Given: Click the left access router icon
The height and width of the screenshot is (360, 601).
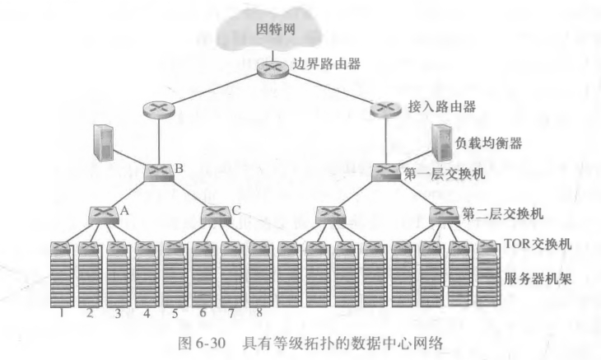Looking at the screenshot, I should tap(155, 108).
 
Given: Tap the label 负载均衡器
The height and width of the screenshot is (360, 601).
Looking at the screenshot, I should tap(487, 142).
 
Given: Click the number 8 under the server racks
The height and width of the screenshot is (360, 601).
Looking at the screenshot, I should tap(259, 312).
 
